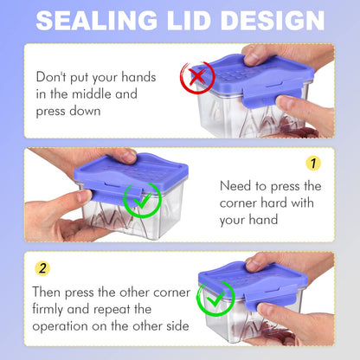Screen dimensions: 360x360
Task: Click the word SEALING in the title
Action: coord(97,20)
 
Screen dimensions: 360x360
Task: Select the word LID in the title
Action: coord(189,20)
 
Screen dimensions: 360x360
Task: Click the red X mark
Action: coord(197,77)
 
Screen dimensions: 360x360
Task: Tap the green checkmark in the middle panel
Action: coord(142,201)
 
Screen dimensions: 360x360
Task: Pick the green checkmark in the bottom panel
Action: coord(215,299)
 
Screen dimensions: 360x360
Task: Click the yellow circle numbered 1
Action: coord(313,164)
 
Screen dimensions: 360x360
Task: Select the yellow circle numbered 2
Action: coord(42,268)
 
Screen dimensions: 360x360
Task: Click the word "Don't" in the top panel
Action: coord(51,77)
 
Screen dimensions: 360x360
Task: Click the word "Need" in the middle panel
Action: coord(235,186)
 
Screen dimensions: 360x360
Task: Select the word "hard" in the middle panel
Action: coord(274,202)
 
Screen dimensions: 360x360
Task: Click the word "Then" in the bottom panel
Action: coord(46,292)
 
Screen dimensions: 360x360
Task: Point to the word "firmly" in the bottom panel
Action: coord(48,310)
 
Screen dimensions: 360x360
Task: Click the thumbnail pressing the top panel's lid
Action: coord(251,59)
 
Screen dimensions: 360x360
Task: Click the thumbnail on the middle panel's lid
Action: coord(128,157)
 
